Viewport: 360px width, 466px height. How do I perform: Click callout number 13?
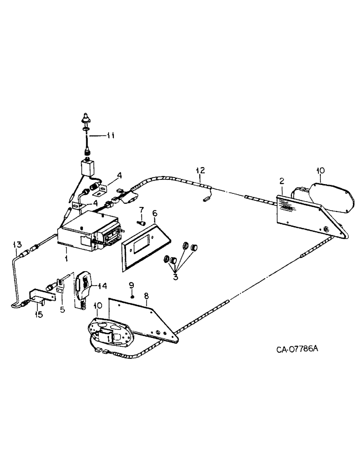tap(17, 244)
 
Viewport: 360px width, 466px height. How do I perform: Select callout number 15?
tap(39, 315)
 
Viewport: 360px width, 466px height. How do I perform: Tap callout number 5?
tap(62, 308)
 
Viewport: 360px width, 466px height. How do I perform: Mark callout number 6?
tap(154, 214)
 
